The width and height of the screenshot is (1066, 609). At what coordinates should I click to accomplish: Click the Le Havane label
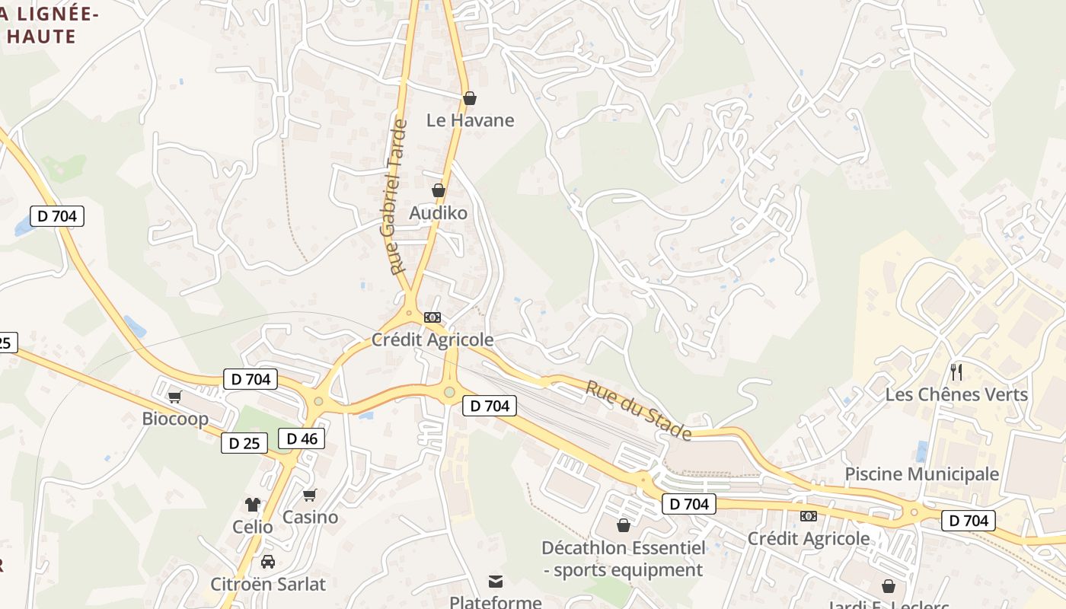click(x=470, y=120)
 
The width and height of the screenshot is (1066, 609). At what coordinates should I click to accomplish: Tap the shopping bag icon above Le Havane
click(x=470, y=98)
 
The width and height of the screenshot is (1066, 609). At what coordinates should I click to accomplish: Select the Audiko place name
click(x=438, y=213)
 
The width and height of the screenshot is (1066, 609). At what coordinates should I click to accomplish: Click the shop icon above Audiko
click(x=439, y=190)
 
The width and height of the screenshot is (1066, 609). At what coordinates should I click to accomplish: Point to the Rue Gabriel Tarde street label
click(x=399, y=196)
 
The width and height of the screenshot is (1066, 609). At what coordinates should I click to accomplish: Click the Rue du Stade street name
click(x=638, y=411)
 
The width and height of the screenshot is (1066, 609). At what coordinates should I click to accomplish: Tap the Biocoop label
click(x=175, y=419)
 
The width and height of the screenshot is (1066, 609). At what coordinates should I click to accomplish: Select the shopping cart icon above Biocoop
click(x=175, y=397)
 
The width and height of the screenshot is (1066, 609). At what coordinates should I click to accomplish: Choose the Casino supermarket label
click(x=310, y=518)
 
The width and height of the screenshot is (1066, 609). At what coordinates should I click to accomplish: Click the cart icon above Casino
click(x=310, y=496)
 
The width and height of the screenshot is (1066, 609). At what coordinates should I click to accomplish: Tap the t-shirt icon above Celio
click(x=253, y=504)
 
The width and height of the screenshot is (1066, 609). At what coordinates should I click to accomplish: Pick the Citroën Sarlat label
click(x=267, y=585)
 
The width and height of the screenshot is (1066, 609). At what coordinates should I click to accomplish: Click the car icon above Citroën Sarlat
click(x=268, y=563)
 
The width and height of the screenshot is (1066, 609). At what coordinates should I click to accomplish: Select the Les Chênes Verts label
click(x=956, y=395)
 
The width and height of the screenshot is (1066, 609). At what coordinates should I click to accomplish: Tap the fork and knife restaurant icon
click(x=957, y=372)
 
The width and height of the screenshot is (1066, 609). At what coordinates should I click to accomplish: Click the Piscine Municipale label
click(x=921, y=474)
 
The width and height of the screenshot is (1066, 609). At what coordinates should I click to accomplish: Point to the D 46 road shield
click(x=302, y=438)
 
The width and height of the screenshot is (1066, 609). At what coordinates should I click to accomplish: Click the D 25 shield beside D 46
click(x=244, y=443)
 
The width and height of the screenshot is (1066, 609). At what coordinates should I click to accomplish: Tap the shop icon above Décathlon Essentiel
click(x=624, y=525)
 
